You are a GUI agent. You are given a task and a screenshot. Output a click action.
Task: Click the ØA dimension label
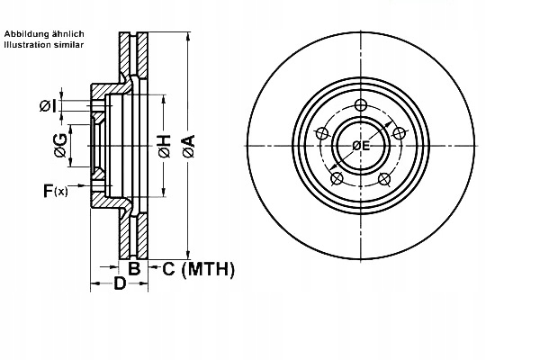point(188,147)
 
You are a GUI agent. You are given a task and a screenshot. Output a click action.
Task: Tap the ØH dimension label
point(164,147)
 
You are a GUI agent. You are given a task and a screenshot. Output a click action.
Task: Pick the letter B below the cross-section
point(133,267)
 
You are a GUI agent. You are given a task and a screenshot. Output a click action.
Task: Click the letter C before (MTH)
point(167,267)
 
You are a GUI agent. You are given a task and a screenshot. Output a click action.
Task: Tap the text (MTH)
point(208,267)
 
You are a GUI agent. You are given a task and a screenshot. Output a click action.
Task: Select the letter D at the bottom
point(118,285)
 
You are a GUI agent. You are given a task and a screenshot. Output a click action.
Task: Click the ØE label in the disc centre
point(361,146)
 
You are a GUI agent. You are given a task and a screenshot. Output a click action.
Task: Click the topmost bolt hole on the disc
point(360,104)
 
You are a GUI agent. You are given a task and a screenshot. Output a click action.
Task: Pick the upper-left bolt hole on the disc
point(320,134)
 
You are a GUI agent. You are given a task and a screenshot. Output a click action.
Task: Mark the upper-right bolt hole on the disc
point(400,133)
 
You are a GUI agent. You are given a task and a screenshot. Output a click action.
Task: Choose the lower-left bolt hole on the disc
point(336,179)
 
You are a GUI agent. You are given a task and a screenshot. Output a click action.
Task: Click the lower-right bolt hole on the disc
point(384,179)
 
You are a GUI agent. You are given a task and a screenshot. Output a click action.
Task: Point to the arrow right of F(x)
point(81,186)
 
